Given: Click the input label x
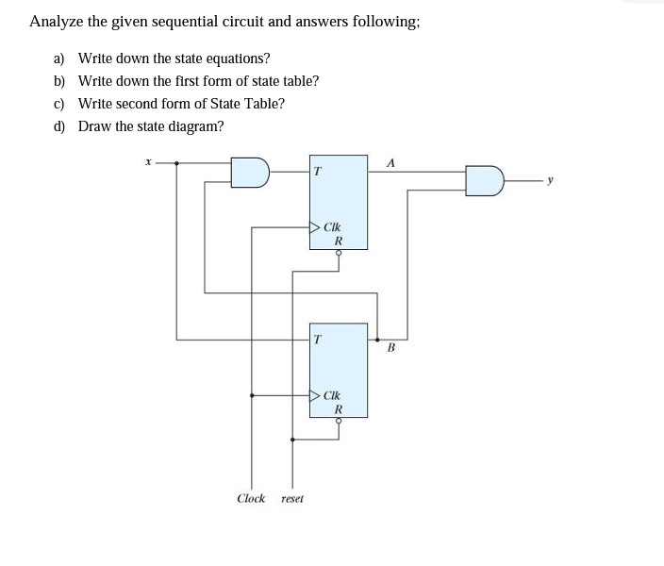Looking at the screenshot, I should coord(147,162).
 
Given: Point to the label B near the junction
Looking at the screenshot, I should coord(391,347).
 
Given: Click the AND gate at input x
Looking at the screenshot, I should coord(252,173).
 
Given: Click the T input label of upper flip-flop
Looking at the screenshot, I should coord(318,171).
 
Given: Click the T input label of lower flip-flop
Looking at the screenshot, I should coord(318,338).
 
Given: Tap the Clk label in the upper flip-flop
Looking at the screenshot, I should coord(332,226).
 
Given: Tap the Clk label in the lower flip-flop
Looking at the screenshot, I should coord(332,396).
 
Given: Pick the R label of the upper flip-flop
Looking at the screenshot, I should coord(339,241).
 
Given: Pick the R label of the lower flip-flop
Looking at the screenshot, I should coord(339,409).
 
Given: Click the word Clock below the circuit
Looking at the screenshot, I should coord(251,497).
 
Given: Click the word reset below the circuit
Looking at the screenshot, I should coord(292,497).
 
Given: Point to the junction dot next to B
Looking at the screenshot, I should coord(378,338).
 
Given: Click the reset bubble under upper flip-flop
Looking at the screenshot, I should coord(339,252).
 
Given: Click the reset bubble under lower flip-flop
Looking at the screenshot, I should coord(339,421).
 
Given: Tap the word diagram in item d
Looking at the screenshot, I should coord(195,126).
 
